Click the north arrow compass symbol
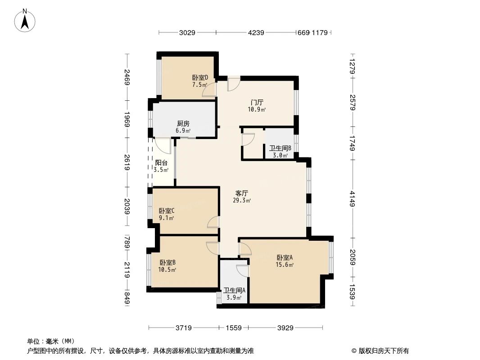point(25,20)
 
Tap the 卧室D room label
point(199,77)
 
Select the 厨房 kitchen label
point(183,124)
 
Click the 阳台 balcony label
point(161,163)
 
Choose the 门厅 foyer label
point(257,103)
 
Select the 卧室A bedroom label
point(285,258)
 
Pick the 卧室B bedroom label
point(167,262)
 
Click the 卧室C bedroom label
point(167,211)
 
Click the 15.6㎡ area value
point(285,265)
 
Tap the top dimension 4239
point(255,32)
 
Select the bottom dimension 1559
point(233,328)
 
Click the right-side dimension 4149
point(352,198)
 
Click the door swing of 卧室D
point(209,90)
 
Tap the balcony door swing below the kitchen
point(163,145)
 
